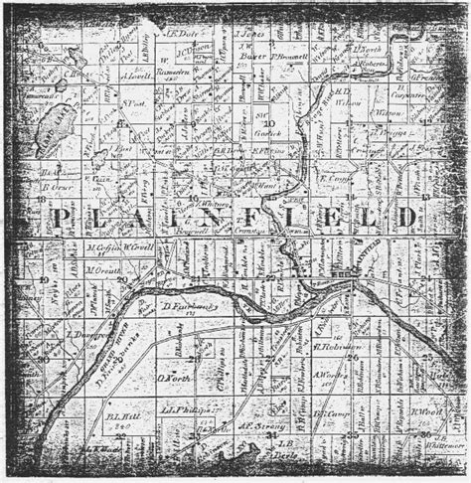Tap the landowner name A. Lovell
pyautogui.click(x=135, y=74)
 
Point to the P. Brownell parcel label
pyautogui.click(x=289, y=58)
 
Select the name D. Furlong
pyautogui.click(x=180, y=309)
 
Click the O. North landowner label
pyautogui.click(x=173, y=377)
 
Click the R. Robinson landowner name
pyautogui.click(x=335, y=348)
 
